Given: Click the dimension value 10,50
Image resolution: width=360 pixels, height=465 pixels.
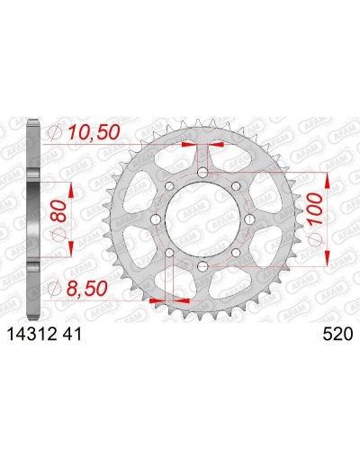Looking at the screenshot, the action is [x=94, y=132].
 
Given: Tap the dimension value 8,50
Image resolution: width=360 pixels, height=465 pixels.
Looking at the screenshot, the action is [x=86, y=289].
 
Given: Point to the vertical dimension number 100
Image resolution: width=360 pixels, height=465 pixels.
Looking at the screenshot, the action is [x=315, y=209].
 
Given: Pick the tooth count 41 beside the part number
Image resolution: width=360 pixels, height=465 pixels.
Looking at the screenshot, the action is [x=72, y=335].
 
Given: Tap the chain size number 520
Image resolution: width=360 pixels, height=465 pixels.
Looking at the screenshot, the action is [x=337, y=335].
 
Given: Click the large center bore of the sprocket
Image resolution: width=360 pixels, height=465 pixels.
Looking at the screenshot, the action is [x=203, y=219].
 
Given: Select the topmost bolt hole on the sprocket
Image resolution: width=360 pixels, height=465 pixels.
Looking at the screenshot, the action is [x=203, y=173].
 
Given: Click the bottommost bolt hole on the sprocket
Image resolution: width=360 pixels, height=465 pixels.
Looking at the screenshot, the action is [x=203, y=265].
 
